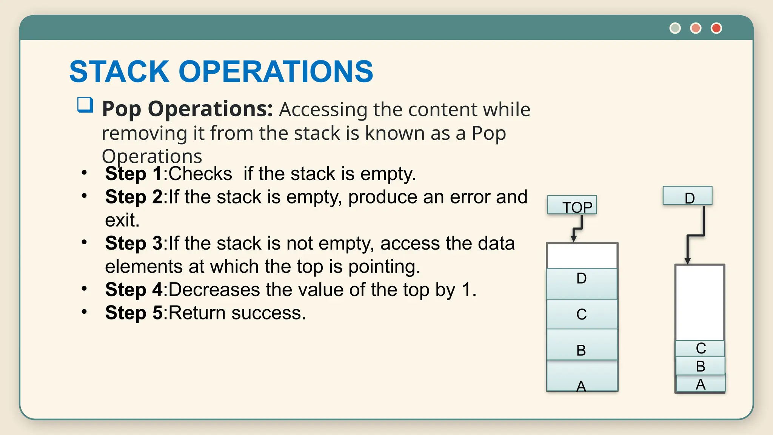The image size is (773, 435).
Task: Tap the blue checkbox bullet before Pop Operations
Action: pos(85,105)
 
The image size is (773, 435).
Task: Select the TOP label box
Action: pos(572,205)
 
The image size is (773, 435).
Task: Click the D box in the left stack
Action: pos(582,283)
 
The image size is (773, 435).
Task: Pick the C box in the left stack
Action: pos(582,314)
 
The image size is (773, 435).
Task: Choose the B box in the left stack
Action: pos(582,345)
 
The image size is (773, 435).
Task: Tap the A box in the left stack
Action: pos(582,376)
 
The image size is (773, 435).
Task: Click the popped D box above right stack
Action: pos(687,196)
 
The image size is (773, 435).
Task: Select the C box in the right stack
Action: pos(700,348)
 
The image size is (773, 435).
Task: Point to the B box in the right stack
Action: pos(700,366)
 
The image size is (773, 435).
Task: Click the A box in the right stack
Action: pos(701,384)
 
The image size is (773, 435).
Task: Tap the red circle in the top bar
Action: pos(716,28)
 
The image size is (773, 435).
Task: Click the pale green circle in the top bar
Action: pos(675,28)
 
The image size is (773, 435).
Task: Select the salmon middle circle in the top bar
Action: pos(696,28)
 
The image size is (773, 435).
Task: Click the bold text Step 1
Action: pos(134,174)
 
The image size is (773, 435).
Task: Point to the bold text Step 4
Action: pos(134,290)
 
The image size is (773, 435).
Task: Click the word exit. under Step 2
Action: pos(122,220)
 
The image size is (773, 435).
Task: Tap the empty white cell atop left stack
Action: pos(582,256)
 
